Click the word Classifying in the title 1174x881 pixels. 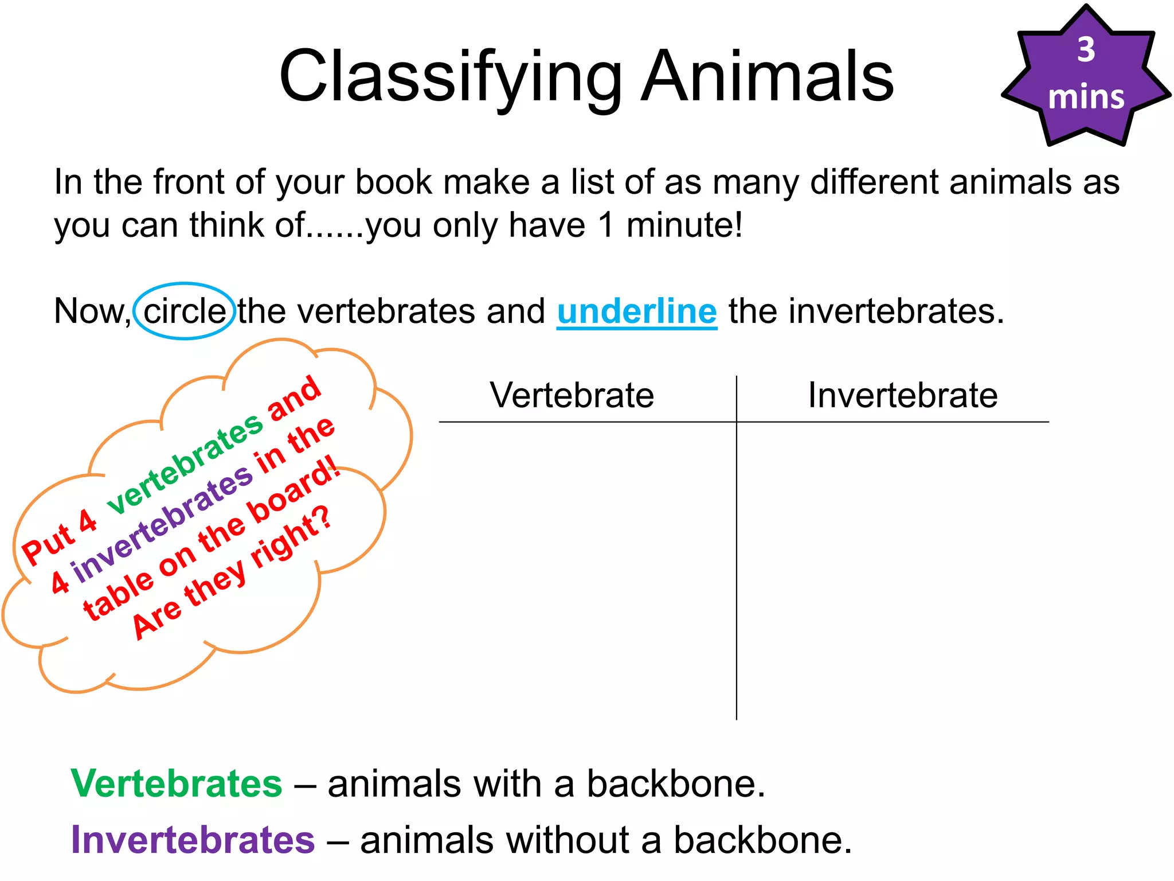[450, 77]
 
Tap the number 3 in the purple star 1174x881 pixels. [1086, 50]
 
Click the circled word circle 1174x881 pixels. [185, 311]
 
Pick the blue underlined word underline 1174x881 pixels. [637, 311]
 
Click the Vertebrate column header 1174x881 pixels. [572, 395]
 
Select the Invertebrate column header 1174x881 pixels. [903, 395]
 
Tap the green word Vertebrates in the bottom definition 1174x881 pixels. [177, 783]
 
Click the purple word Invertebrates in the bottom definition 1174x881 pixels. [193, 840]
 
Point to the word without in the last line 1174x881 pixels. [565, 840]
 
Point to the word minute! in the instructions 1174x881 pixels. [684, 224]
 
